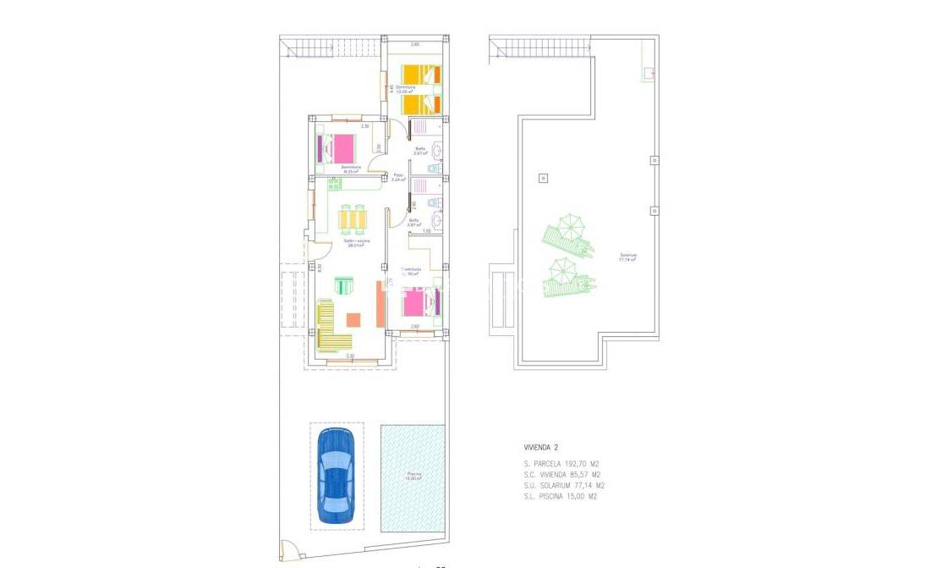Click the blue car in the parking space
336,474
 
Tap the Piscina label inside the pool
413,474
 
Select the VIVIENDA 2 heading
540,447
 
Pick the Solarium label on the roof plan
627,256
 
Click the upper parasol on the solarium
570,227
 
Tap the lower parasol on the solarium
561,271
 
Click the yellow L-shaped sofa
331,328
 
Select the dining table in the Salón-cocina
353,219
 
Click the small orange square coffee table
353,320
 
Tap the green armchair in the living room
344,285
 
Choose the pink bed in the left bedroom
341,149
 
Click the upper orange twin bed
420,74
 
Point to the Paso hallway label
398,176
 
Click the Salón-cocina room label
356,242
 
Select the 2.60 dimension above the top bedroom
415,44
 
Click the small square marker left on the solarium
543,179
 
